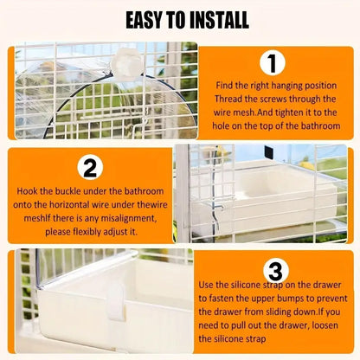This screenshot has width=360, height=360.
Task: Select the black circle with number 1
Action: [273, 64]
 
